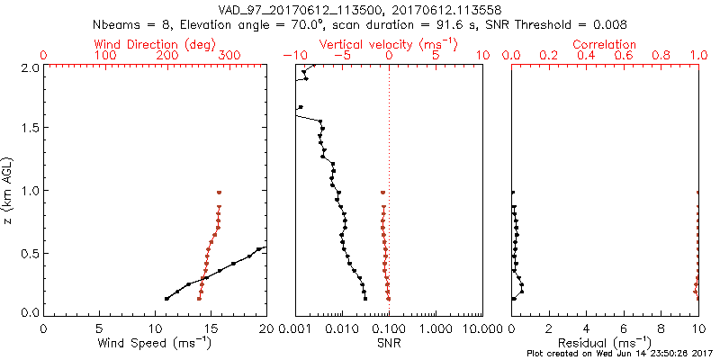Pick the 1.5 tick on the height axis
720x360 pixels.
30,128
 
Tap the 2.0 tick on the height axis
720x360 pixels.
30,67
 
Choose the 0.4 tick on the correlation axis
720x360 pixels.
587,56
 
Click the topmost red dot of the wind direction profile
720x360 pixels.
219,192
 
